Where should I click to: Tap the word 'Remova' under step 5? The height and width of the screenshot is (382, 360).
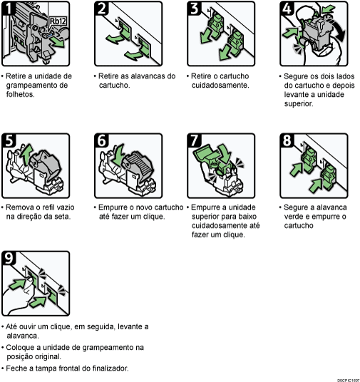[x=21, y=207]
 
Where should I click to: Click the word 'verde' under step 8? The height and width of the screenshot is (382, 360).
[x=294, y=216]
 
